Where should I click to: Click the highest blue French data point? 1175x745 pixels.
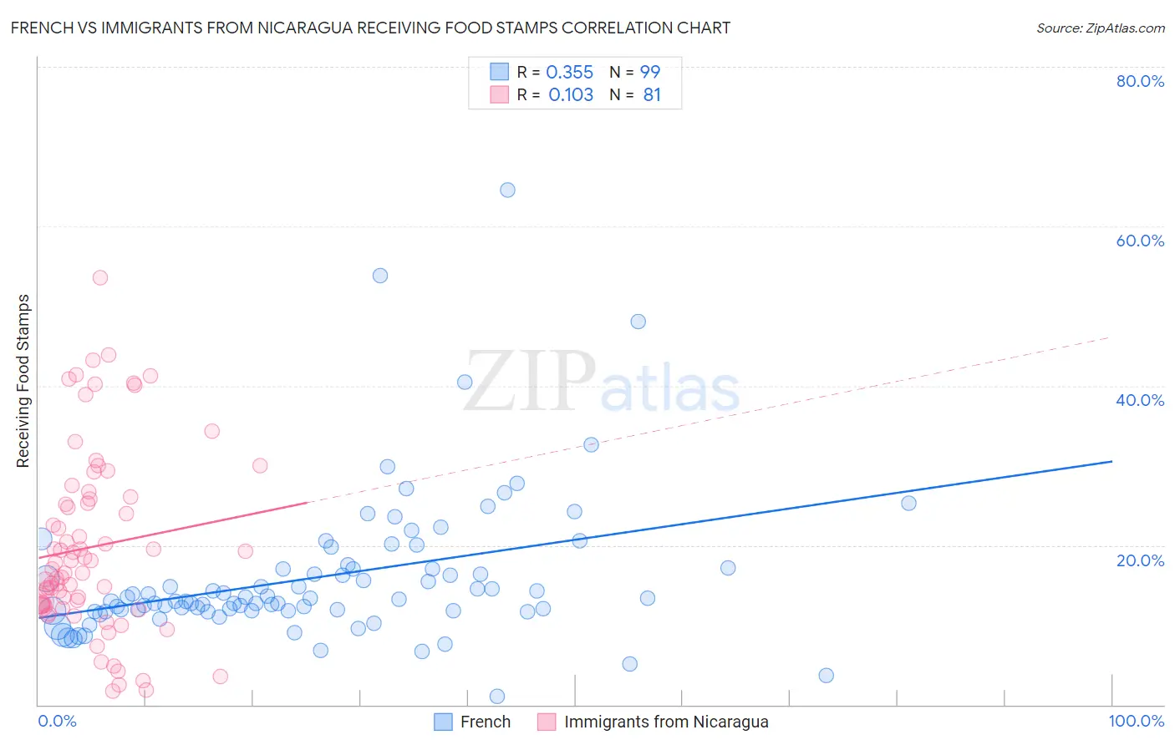point(507,190)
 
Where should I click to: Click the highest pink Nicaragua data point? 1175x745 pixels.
point(100,277)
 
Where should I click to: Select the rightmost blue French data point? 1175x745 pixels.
point(908,503)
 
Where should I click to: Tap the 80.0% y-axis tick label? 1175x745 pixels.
point(1140,81)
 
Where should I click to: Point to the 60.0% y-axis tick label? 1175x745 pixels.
point(1140,241)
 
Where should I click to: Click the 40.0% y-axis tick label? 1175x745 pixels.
point(1140,400)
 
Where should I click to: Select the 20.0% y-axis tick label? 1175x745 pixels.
point(1140,560)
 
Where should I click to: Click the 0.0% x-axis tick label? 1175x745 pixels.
point(58,721)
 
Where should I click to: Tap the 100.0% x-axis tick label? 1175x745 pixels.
point(1136,721)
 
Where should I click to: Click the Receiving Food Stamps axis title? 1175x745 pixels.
point(23,381)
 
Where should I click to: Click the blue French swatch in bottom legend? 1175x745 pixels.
point(443,722)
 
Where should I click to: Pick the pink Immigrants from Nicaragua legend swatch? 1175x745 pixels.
point(547,722)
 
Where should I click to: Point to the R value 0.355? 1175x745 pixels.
point(569,73)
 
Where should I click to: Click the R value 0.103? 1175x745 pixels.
point(571,95)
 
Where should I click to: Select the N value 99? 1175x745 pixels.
point(650,73)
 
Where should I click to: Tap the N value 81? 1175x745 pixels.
point(652,95)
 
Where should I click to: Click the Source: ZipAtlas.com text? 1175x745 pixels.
point(1100,28)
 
